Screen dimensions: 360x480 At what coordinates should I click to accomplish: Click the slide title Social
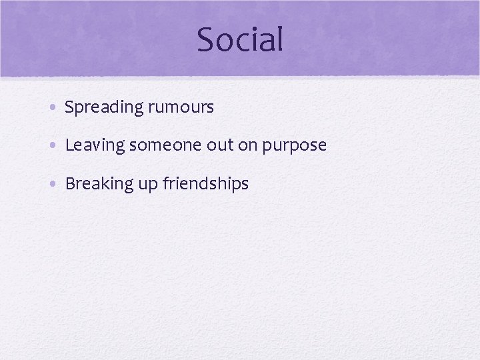pos(240,39)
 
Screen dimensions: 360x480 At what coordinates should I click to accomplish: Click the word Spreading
pos(104,107)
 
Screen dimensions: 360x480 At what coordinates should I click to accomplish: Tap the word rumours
pos(181,107)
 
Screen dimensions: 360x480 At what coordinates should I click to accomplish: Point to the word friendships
pos(205,184)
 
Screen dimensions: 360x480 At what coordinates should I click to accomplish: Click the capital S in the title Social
pos(206,39)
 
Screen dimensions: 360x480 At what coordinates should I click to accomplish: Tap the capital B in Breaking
pos(69,183)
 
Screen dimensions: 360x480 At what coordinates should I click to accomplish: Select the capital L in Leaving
pos(69,145)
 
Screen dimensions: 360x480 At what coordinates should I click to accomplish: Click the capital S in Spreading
pos(69,107)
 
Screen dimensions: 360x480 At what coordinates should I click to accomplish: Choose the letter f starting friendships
pos(165,183)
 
